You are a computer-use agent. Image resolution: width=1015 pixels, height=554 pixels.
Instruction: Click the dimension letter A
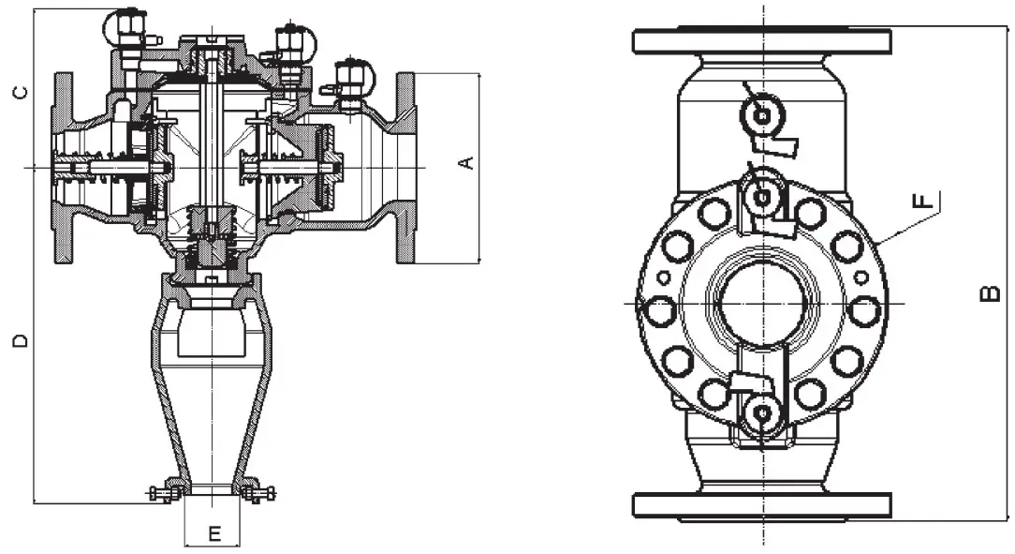click(x=467, y=163)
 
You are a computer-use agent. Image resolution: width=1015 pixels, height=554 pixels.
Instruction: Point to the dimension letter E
click(x=213, y=534)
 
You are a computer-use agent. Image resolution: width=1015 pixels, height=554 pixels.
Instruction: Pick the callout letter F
click(x=923, y=200)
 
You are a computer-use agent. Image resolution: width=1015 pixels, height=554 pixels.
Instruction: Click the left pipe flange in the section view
click(x=63, y=168)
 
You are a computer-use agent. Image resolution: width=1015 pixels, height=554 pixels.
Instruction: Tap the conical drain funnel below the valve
click(x=213, y=394)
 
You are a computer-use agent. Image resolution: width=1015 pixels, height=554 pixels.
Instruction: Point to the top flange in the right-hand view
click(x=762, y=41)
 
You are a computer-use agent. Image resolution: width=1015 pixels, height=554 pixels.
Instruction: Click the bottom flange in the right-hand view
click(x=762, y=506)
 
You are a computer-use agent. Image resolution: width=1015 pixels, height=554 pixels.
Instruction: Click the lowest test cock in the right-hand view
click(x=761, y=413)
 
